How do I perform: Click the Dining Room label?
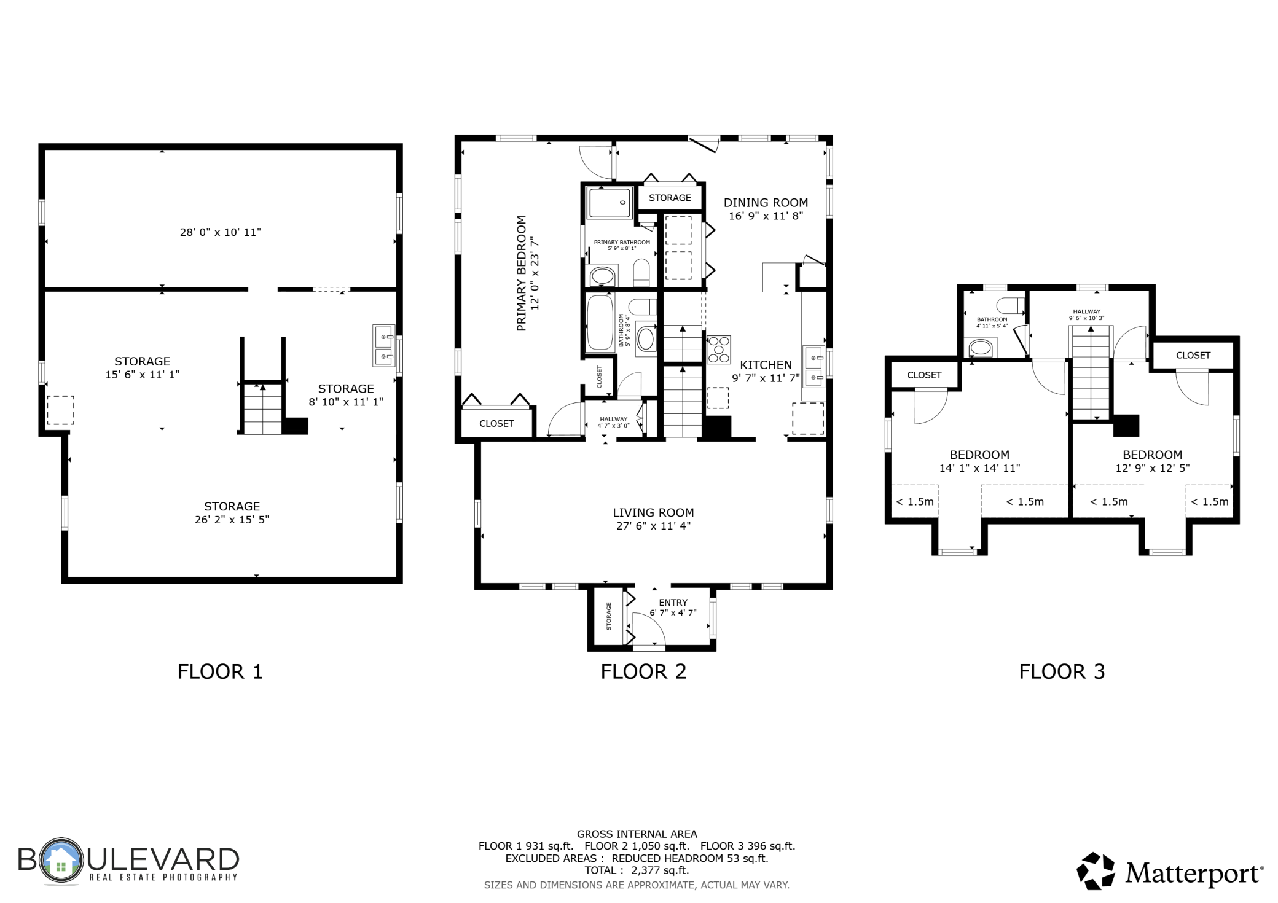(x=766, y=203)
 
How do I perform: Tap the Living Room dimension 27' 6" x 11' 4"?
(x=653, y=526)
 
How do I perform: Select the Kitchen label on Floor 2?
(x=766, y=365)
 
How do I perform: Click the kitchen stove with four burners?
(x=719, y=350)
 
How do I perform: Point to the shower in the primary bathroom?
(x=609, y=203)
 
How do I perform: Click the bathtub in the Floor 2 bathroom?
(x=600, y=322)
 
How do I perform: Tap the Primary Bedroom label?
(x=522, y=273)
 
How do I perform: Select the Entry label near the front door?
(x=673, y=603)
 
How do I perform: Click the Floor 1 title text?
(x=220, y=671)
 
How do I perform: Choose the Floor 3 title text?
(x=1062, y=671)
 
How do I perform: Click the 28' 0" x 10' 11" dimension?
(x=221, y=232)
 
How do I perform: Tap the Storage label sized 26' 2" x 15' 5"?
(x=232, y=507)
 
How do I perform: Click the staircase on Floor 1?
(x=262, y=408)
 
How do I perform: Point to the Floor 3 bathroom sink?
(x=981, y=349)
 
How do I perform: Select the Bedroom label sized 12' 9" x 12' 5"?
(x=1152, y=455)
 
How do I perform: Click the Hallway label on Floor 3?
(x=1087, y=311)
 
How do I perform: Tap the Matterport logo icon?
(x=1096, y=871)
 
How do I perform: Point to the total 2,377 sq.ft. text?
(x=637, y=870)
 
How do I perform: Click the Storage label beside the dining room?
(x=670, y=198)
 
